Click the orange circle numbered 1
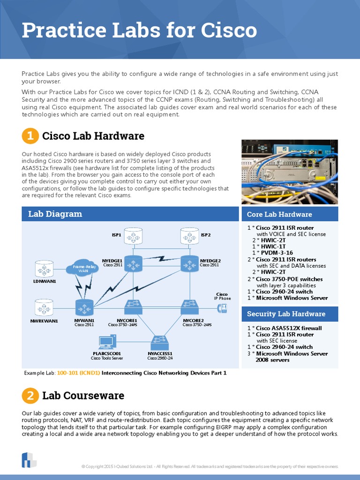[30, 136]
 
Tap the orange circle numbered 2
[30, 396]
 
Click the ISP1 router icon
[134, 236]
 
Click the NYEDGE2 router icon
[189, 263]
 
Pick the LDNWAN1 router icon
[45, 269]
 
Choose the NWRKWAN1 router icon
[45, 308]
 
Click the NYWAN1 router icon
[84, 308]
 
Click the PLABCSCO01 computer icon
[107, 343]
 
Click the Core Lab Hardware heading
[279, 214]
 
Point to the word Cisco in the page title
[230, 30]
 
